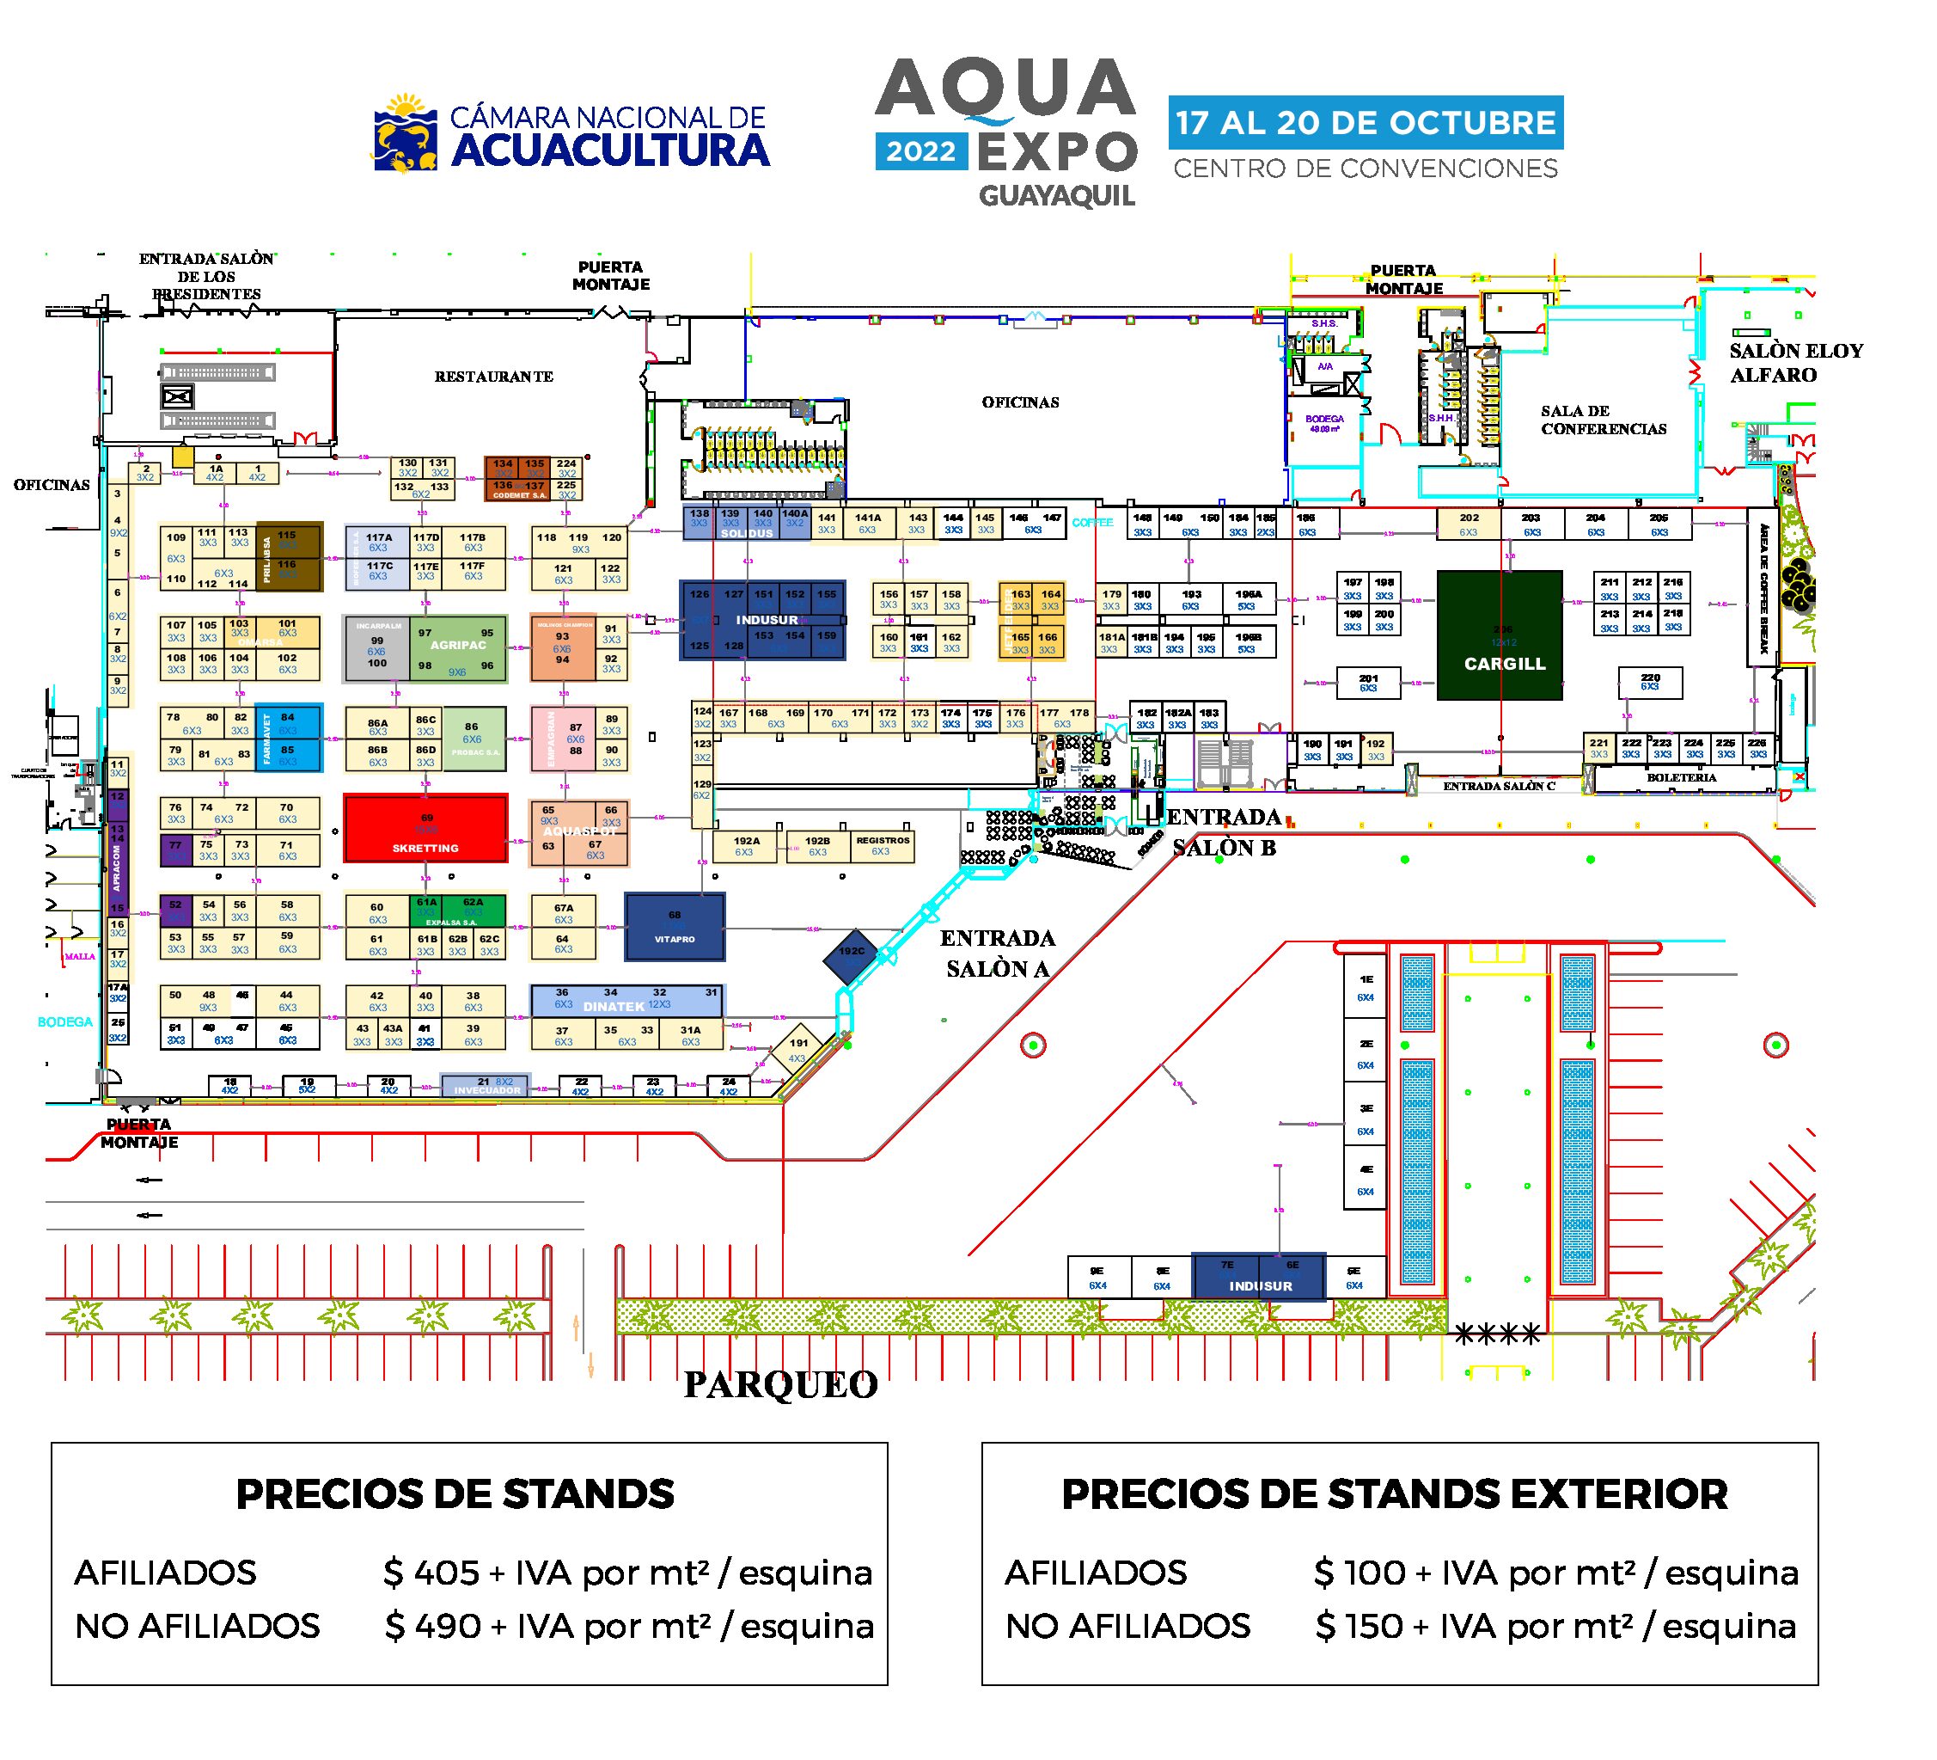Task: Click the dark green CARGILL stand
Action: [1499, 635]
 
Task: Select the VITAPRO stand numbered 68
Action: [675, 927]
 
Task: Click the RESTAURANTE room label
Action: [494, 377]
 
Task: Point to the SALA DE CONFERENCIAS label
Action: [1604, 420]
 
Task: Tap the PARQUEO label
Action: [780, 1385]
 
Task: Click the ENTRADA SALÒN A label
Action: [998, 954]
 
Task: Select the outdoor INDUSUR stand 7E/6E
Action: [1259, 1277]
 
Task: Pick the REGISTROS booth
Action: [882, 846]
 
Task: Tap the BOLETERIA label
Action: [1682, 777]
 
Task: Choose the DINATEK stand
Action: [626, 1001]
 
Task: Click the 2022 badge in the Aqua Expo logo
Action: [920, 152]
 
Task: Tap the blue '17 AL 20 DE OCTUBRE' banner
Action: [1366, 122]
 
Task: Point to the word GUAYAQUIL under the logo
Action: [1057, 196]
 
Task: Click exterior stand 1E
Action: [1366, 987]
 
